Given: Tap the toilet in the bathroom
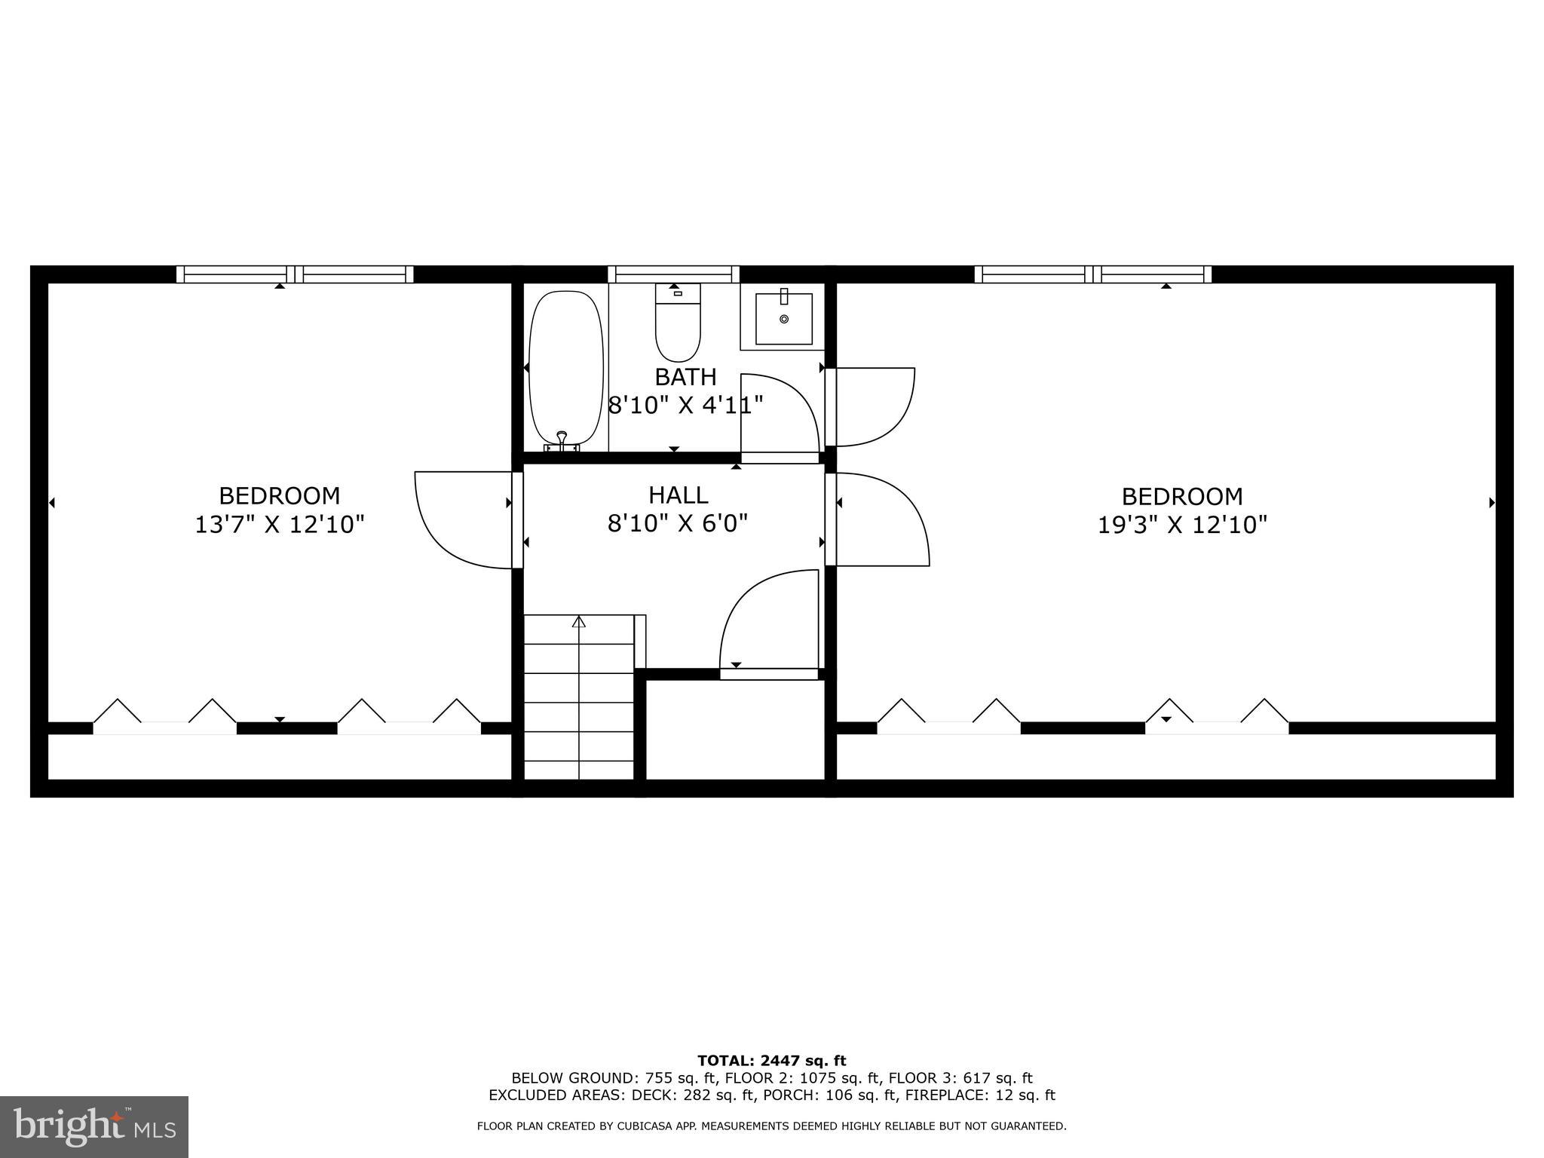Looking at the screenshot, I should tap(678, 324).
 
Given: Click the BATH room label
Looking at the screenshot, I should tap(685, 377).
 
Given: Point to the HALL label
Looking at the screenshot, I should tap(679, 495).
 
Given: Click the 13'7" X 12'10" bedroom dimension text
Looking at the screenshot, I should tap(280, 525).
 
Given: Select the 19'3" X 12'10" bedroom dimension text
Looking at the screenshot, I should tap(1181, 525).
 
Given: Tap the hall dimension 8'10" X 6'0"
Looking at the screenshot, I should tap(678, 523).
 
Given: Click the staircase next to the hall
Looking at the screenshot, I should tap(579, 697).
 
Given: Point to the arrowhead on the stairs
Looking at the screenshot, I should tap(579, 622).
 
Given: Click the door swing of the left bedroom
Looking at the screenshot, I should tap(460, 520).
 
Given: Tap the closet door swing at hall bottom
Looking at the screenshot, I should tap(769, 622).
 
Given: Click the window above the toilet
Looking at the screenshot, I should tap(673, 274).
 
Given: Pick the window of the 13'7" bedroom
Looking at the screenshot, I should tap(295, 274).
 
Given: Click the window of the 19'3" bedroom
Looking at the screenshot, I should tap(1092, 274).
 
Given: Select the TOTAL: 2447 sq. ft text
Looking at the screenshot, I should tap(771, 1061).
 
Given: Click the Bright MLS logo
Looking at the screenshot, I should tap(94, 1126).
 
